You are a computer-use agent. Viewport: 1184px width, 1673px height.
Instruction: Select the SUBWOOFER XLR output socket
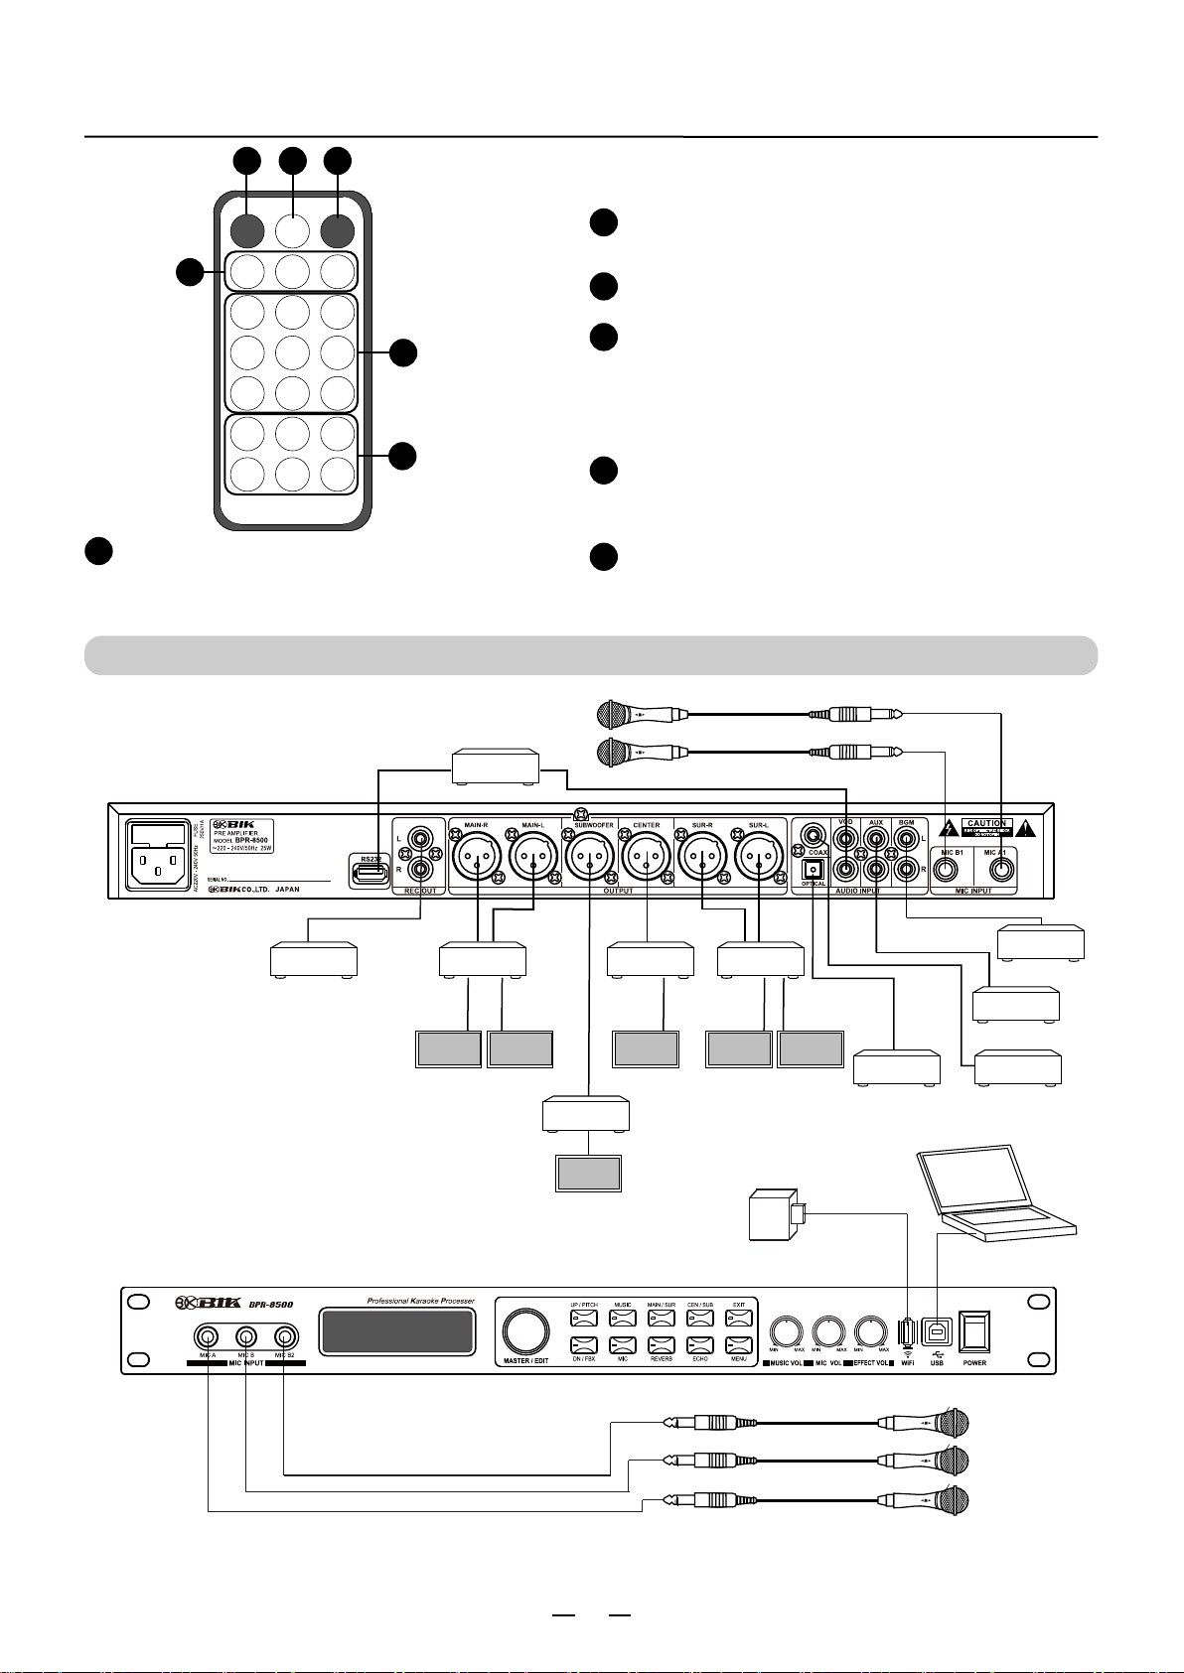click(x=587, y=855)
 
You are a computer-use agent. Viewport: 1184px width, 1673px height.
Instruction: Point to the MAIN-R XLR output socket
click(x=477, y=855)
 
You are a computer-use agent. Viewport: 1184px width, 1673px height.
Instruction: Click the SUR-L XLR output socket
click(x=759, y=855)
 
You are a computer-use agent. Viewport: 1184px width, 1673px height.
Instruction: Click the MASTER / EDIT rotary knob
click(x=526, y=1330)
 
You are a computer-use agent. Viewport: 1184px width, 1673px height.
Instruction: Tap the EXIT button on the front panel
click(x=739, y=1319)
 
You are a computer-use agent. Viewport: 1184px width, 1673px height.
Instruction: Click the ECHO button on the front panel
click(x=700, y=1345)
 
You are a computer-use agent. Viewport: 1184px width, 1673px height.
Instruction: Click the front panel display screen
click(x=395, y=1331)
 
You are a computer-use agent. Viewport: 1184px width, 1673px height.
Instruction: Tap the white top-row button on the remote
click(x=292, y=231)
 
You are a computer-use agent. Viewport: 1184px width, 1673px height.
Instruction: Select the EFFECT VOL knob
click(x=870, y=1330)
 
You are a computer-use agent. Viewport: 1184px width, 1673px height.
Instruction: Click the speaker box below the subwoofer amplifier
click(x=587, y=1174)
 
